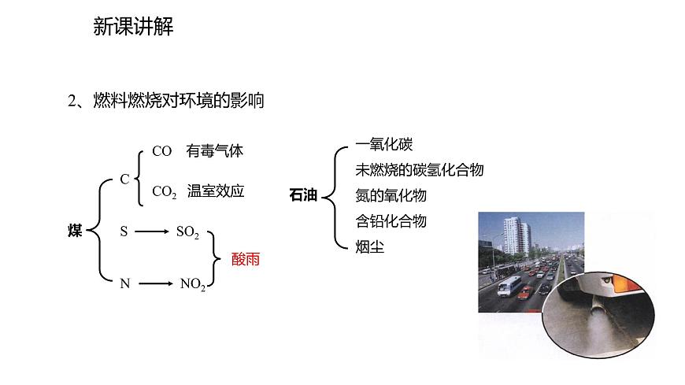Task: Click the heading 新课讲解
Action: click(133, 28)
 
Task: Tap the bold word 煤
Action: click(75, 231)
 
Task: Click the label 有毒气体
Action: click(215, 151)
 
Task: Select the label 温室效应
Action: click(216, 191)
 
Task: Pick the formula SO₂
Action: click(187, 232)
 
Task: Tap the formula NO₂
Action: click(192, 284)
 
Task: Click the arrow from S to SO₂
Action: click(152, 232)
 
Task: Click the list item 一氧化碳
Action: click(384, 145)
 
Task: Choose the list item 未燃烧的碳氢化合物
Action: click(420, 170)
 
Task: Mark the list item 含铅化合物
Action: click(391, 220)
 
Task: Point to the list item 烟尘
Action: click(370, 246)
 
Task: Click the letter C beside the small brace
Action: click(124, 180)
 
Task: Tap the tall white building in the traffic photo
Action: click(513, 234)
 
